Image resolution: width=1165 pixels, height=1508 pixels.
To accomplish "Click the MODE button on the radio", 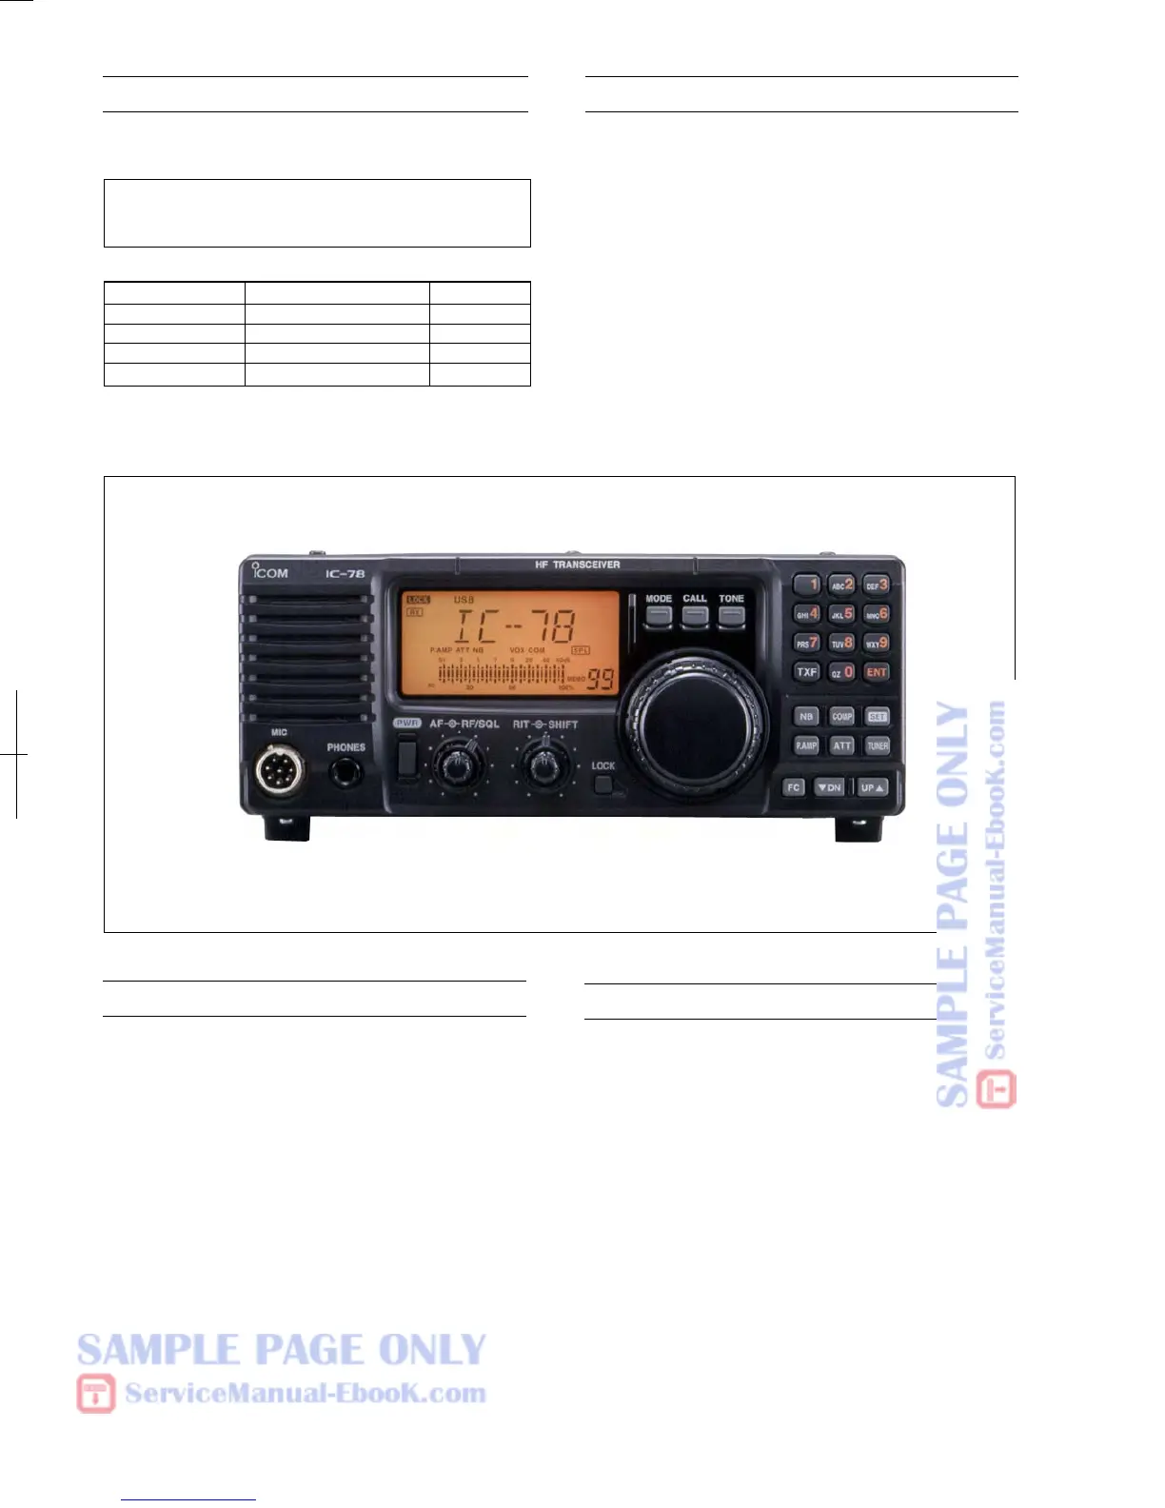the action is pos(659,616).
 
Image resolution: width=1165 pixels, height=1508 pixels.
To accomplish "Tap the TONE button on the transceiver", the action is pos(731,616).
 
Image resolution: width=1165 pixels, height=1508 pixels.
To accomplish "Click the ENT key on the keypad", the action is pos(877,672).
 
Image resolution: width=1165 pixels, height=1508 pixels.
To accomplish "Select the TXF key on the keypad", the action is pos(807,672).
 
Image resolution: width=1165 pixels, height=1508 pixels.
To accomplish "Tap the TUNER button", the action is pos(878,745).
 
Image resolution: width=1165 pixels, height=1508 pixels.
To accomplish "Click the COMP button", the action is pos(842,717).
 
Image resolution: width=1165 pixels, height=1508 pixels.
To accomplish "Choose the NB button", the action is pos(806,717).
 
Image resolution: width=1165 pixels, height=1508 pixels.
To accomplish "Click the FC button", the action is pos(794,787).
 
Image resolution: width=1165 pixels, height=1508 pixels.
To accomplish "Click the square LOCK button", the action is pos(603,784).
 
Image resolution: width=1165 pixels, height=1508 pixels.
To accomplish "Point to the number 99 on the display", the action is pos(601,680).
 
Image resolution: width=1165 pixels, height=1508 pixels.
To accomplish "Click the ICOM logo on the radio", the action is pos(270,571).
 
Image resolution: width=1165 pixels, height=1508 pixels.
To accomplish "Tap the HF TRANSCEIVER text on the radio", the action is pos(577,565).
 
